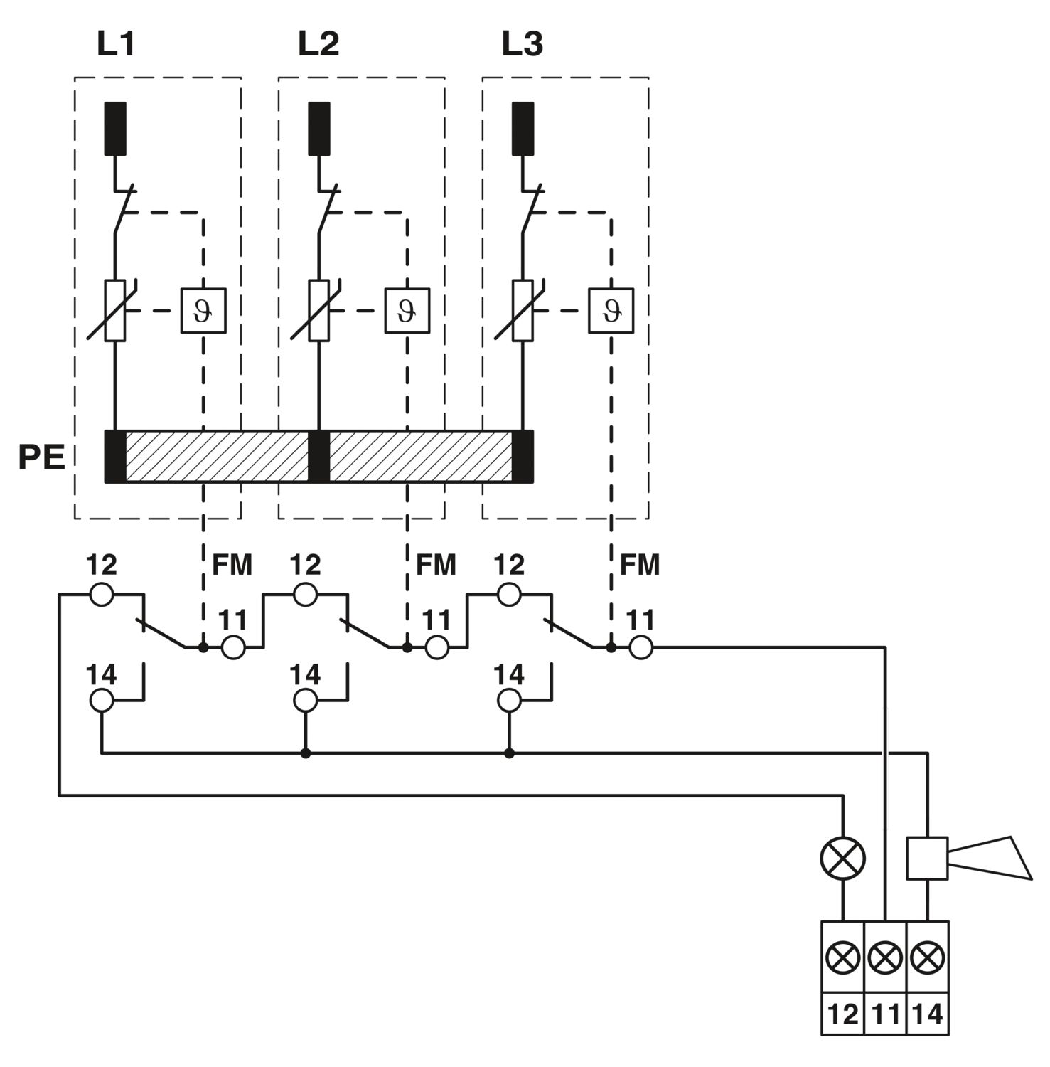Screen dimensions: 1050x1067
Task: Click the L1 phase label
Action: coord(116,44)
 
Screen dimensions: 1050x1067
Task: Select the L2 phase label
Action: coord(318,44)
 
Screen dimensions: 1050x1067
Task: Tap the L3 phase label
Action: coord(523,44)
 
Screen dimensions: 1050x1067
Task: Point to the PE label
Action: coord(41,457)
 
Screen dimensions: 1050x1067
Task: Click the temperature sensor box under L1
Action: coord(203,311)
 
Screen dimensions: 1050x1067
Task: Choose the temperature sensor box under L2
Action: coord(407,311)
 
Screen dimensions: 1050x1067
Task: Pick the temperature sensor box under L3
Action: coord(611,311)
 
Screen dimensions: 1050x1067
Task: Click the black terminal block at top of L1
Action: coord(115,129)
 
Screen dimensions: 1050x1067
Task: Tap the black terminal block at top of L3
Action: coord(523,129)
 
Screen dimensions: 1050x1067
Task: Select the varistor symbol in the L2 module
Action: coord(319,311)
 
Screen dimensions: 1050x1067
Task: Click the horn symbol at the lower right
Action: coord(969,858)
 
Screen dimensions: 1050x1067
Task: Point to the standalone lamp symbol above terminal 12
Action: coord(843,859)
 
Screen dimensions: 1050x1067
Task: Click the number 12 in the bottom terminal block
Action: coord(843,1014)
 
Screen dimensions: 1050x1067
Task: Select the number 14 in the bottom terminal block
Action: coord(928,1014)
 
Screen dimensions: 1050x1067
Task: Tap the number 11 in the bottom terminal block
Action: coord(886,1014)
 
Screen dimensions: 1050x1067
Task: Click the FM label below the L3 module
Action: coord(640,565)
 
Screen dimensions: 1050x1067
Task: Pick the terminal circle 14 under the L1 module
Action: coord(102,701)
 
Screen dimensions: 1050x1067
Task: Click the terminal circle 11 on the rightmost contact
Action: coord(641,647)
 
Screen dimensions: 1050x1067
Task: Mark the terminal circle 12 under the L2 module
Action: coord(306,595)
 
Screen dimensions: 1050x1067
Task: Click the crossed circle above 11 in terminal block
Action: coord(886,958)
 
